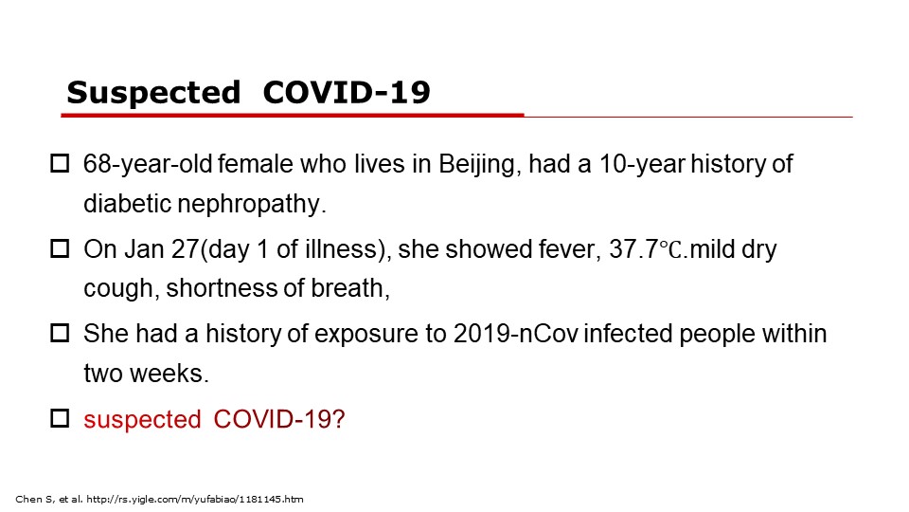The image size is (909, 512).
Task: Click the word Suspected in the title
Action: click(x=153, y=93)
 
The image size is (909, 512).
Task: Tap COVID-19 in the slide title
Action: click(x=347, y=92)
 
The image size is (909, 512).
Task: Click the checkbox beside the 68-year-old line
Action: click(x=60, y=164)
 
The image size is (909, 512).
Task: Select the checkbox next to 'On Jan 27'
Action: click(x=60, y=249)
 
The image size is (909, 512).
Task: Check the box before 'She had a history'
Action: click(x=60, y=334)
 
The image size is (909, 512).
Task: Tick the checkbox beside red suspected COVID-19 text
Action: click(x=60, y=418)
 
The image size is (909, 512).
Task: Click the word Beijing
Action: click(x=476, y=165)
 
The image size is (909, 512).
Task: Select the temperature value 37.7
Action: click(x=633, y=249)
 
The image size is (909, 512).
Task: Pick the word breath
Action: click(x=350, y=288)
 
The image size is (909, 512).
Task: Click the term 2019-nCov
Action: click(x=516, y=334)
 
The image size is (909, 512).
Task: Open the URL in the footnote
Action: click(x=195, y=500)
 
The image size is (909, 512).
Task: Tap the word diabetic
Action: click(x=127, y=204)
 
